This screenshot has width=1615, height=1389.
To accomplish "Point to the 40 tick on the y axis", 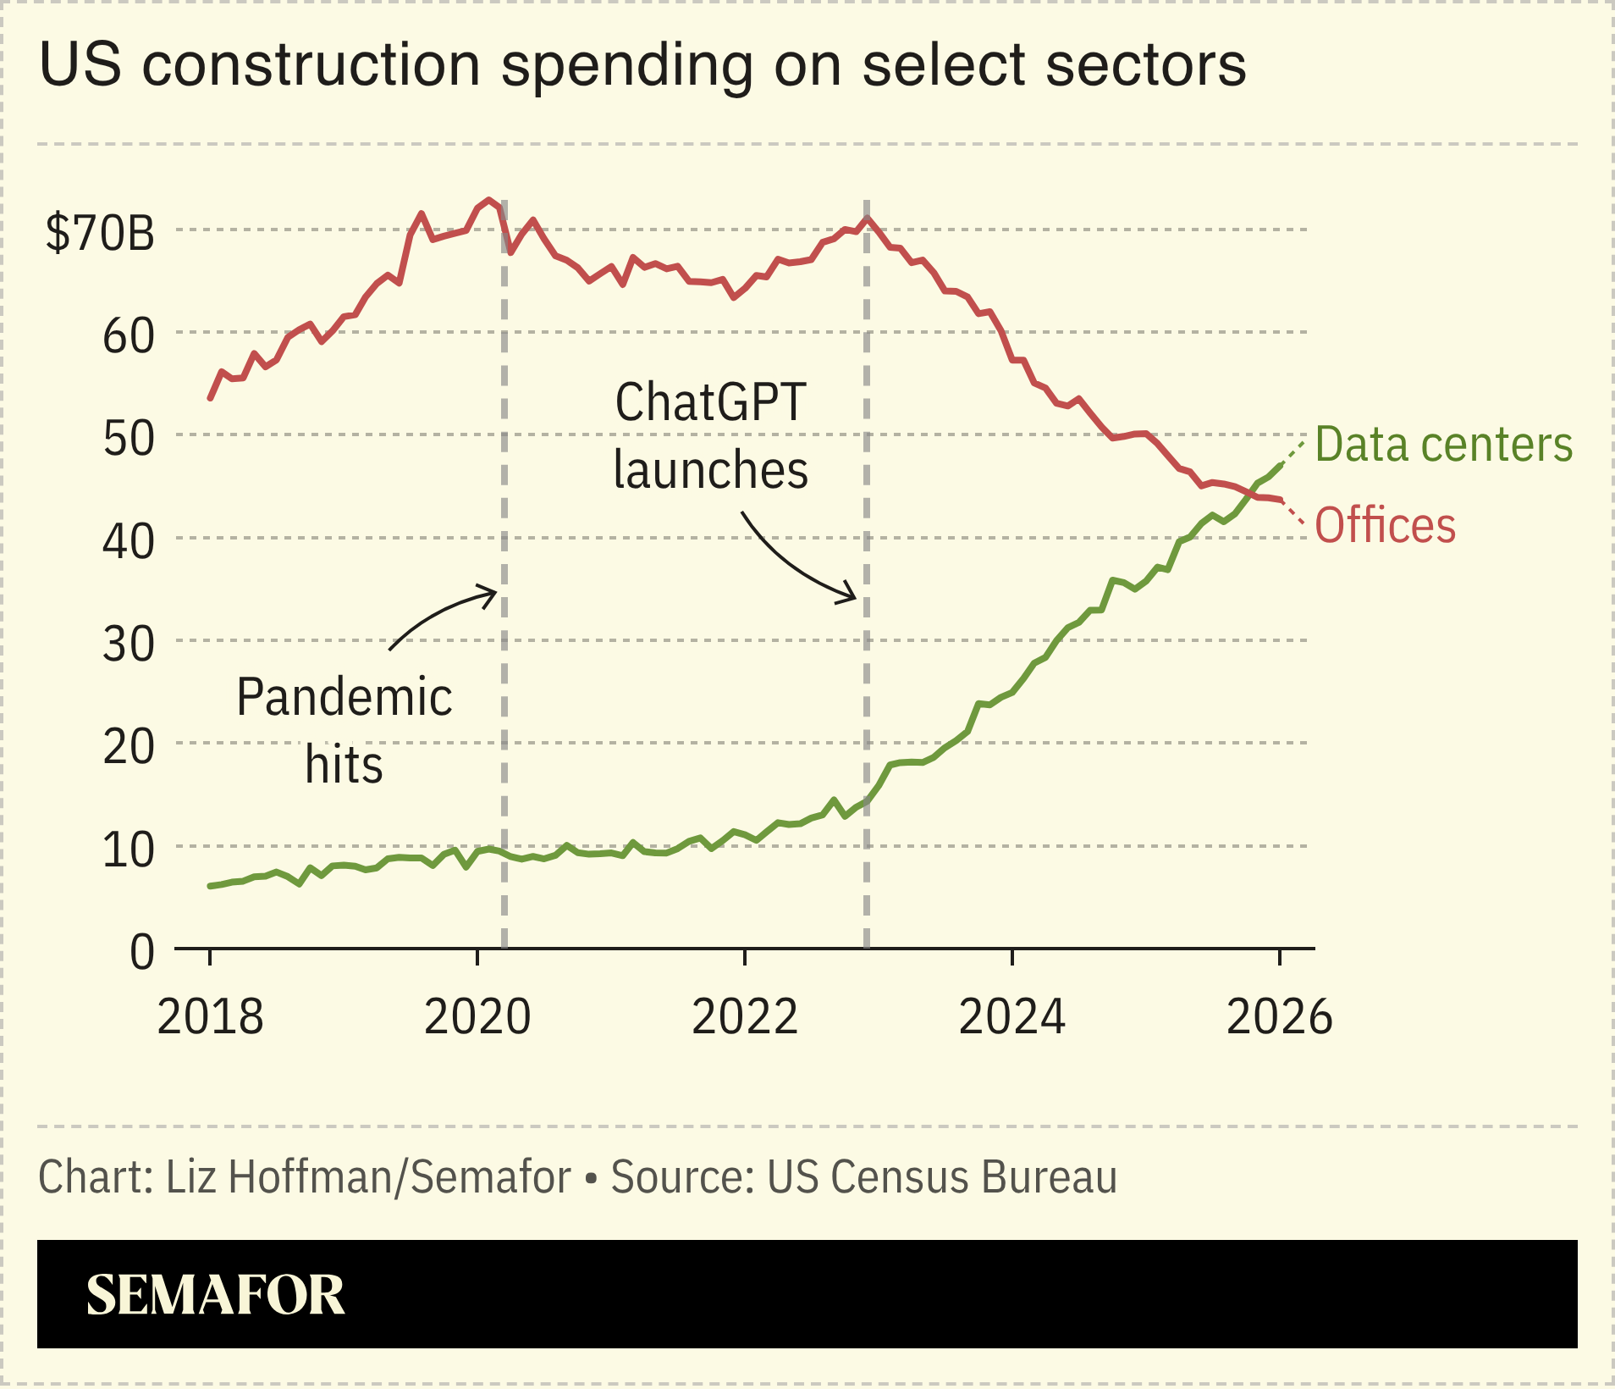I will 129,541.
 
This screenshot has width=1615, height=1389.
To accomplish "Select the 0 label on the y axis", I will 142,952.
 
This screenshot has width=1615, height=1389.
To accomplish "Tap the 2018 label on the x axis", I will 210,1016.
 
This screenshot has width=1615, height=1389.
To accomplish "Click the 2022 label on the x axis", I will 744,1016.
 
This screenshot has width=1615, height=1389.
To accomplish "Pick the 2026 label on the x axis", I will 1279,1016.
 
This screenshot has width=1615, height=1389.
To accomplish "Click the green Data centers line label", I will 1443,445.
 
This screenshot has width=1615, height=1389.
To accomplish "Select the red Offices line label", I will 1385,525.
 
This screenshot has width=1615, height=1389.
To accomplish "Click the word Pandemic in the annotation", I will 344,697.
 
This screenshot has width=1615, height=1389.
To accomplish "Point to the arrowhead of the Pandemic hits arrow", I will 495,593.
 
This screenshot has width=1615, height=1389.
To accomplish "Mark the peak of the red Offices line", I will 489,201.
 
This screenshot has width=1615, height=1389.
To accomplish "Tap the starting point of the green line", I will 210,886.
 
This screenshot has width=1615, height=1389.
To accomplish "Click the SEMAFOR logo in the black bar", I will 215,1294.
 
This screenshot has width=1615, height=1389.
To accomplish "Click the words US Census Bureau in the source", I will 941,1177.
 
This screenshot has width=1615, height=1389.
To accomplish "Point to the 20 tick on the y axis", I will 129,747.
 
